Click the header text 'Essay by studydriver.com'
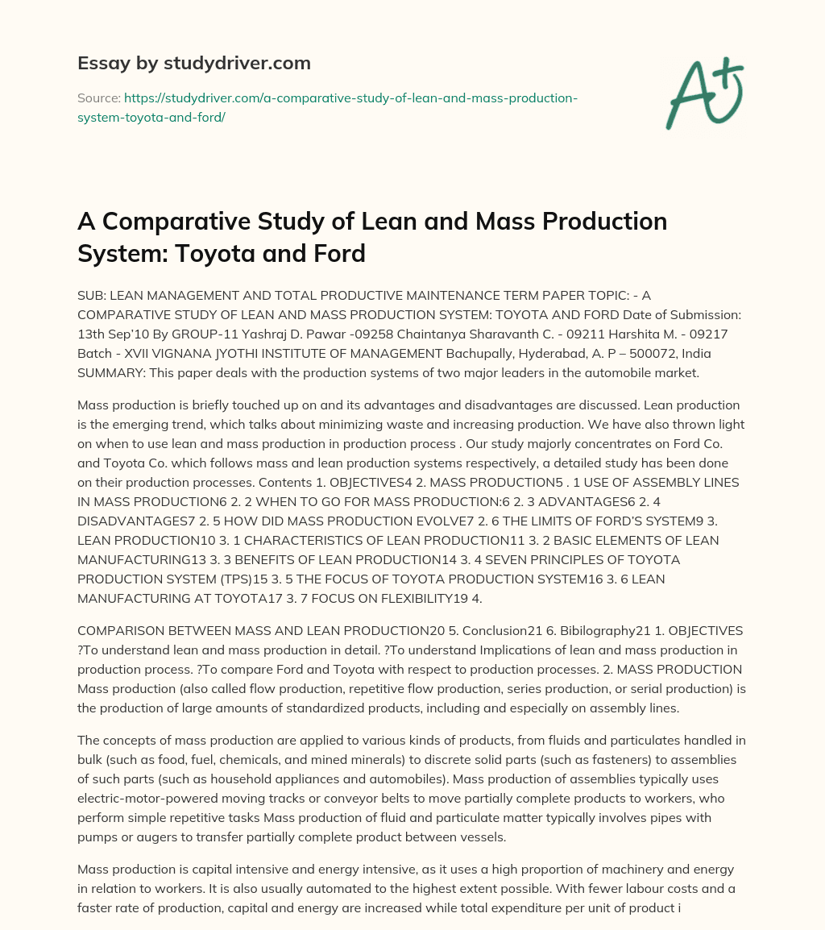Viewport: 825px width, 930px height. [193, 63]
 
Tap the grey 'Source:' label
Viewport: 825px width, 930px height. [98, 98]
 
